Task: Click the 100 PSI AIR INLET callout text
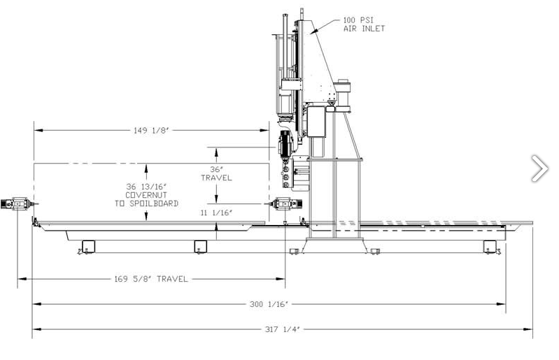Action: (364, 24)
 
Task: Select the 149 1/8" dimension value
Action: (151, 130)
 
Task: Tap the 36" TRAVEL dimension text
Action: (216, 173)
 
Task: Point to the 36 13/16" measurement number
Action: (146, 187)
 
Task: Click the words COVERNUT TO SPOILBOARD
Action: (146, 199)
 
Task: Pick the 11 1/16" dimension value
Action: (216, 213)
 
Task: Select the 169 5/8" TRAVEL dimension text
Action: (151, 279)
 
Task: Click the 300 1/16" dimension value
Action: (269, 304)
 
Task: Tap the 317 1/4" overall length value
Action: (283, 329)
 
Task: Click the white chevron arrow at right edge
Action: (539, 168)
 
